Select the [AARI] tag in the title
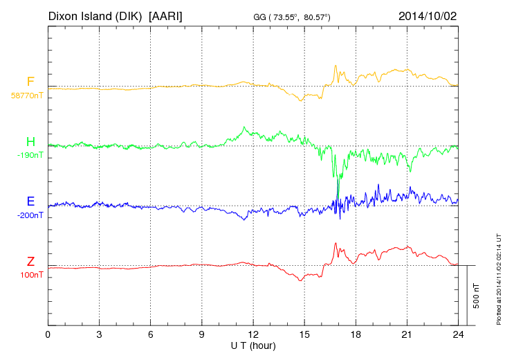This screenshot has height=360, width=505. click(x=165, y=15)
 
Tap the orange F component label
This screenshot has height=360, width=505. click(x=30, y=82)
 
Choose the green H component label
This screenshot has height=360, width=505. click(x=30, y=143)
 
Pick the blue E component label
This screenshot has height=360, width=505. click(x=30, y=202)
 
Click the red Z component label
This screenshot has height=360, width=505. click(x=30, y=262)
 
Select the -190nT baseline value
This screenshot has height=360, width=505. click(x=30, y=156)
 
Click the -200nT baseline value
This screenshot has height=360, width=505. click(x=30, y=215)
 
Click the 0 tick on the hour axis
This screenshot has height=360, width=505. click(x=48, y=334)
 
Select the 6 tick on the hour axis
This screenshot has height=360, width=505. click(x=150, y=334)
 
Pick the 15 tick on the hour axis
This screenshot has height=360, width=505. click(x=304, y=334)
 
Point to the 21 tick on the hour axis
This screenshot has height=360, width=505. click(x=407, y=334)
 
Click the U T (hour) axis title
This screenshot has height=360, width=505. click(x=253, y=345)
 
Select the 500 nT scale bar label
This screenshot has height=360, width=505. click(x=477, y=295)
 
